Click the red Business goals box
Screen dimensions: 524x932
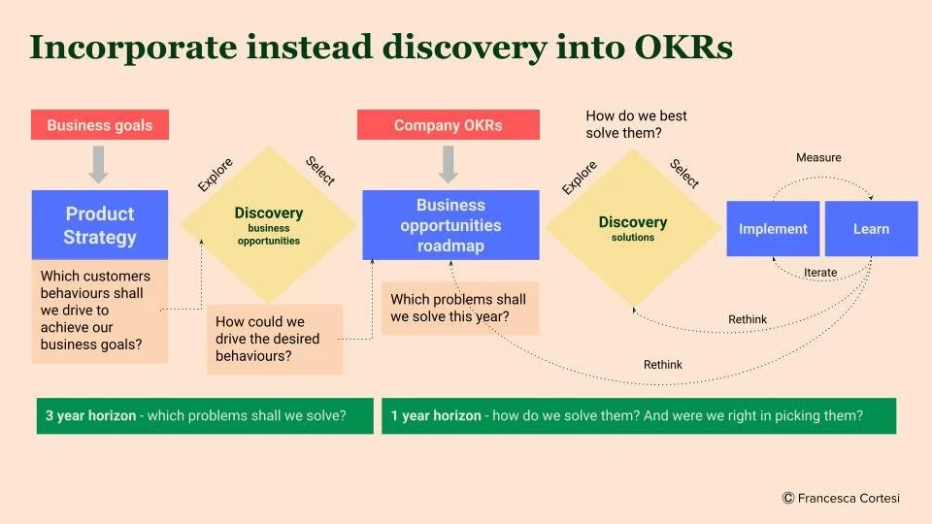(99, 125)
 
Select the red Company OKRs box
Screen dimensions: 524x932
(448, 125)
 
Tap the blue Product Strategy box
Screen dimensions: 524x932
(99, 225)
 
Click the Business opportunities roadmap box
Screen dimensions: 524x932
(450, 225)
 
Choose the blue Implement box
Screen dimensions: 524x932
(773, 229)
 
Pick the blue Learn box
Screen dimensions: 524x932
(871, 229)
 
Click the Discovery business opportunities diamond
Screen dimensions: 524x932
(269, 224)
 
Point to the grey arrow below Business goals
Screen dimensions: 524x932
(99, 163)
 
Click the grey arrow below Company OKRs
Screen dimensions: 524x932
(448, 163)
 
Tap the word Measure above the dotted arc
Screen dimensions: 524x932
(818, 157)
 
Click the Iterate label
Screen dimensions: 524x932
(820, 273)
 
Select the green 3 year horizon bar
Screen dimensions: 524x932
(204, 415)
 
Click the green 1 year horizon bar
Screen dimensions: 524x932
(638, 415)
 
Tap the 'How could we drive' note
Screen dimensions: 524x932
(275, 339)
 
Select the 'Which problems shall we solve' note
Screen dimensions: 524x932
(460, 309)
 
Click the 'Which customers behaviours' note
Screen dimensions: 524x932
(99, 311)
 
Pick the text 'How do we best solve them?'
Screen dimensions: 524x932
(637, 124)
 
